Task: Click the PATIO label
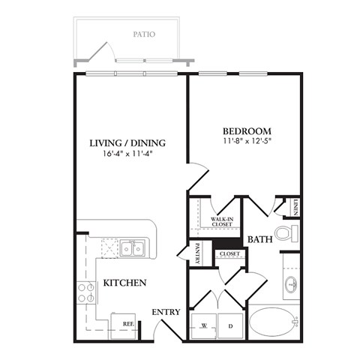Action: coord(144,34)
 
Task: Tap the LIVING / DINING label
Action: coord(127,143)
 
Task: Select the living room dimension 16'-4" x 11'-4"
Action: coord(127,155)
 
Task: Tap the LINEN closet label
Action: coord(295,208)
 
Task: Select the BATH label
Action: coord(259,239)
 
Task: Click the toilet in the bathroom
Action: coord(285,232)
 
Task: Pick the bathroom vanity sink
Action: coord(290,284)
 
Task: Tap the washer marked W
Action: coord(203,325)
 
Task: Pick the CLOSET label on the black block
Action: coord(228,253)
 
